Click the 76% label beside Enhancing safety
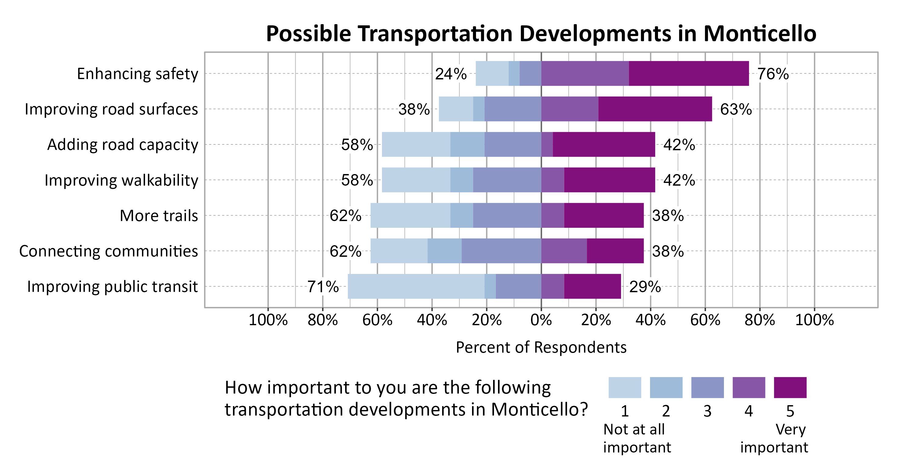coord(773,74)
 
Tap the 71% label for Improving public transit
coord(323,287)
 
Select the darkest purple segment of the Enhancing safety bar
coord(689,73)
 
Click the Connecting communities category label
coord(108,251)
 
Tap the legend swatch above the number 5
coord(790,387)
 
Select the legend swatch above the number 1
coord(624,387)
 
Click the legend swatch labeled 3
coord(707,387)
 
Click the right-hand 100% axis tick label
coord(814,320)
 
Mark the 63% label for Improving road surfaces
coord(736,109)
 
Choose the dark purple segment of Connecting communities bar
coord(615,251)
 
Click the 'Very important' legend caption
coord(774,438)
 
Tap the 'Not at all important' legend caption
coord(637,438)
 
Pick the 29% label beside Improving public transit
coord(645,287)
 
